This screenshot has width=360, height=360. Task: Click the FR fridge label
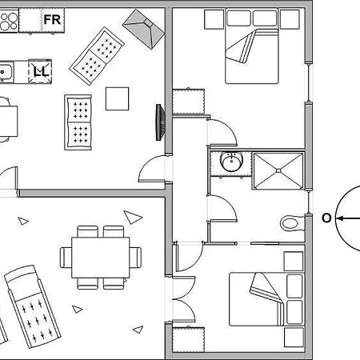(x=52, y=20)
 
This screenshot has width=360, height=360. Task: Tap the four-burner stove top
(x=9, y=21)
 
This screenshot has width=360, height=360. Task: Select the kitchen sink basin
(x=6, y=72)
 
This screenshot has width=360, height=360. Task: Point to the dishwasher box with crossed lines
(x=40, y=71)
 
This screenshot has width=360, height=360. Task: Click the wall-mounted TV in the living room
(x=160, y=122)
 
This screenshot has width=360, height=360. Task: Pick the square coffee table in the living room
(x=117, y=98)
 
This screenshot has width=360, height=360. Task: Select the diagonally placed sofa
(x=97, y=56)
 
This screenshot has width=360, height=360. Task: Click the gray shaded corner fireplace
(x=144, y=29)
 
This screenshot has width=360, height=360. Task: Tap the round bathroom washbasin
(x=231, y=162)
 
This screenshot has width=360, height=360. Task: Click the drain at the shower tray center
(x=278, y=170)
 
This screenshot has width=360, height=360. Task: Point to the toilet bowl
(x=291, y=223)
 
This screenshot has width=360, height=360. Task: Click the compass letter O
(x=326, y=218)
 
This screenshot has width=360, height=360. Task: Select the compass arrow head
(x=339, y=218)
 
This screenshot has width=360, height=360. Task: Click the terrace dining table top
(x=101, y=258)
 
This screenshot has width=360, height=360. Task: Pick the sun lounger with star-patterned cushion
(x=33, y=306)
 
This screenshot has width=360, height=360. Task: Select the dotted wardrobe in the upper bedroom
(x=189, y=102)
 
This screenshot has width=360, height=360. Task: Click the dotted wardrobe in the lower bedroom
(x=189, y=340)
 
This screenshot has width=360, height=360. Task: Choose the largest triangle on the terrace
(x=132, y=217)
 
